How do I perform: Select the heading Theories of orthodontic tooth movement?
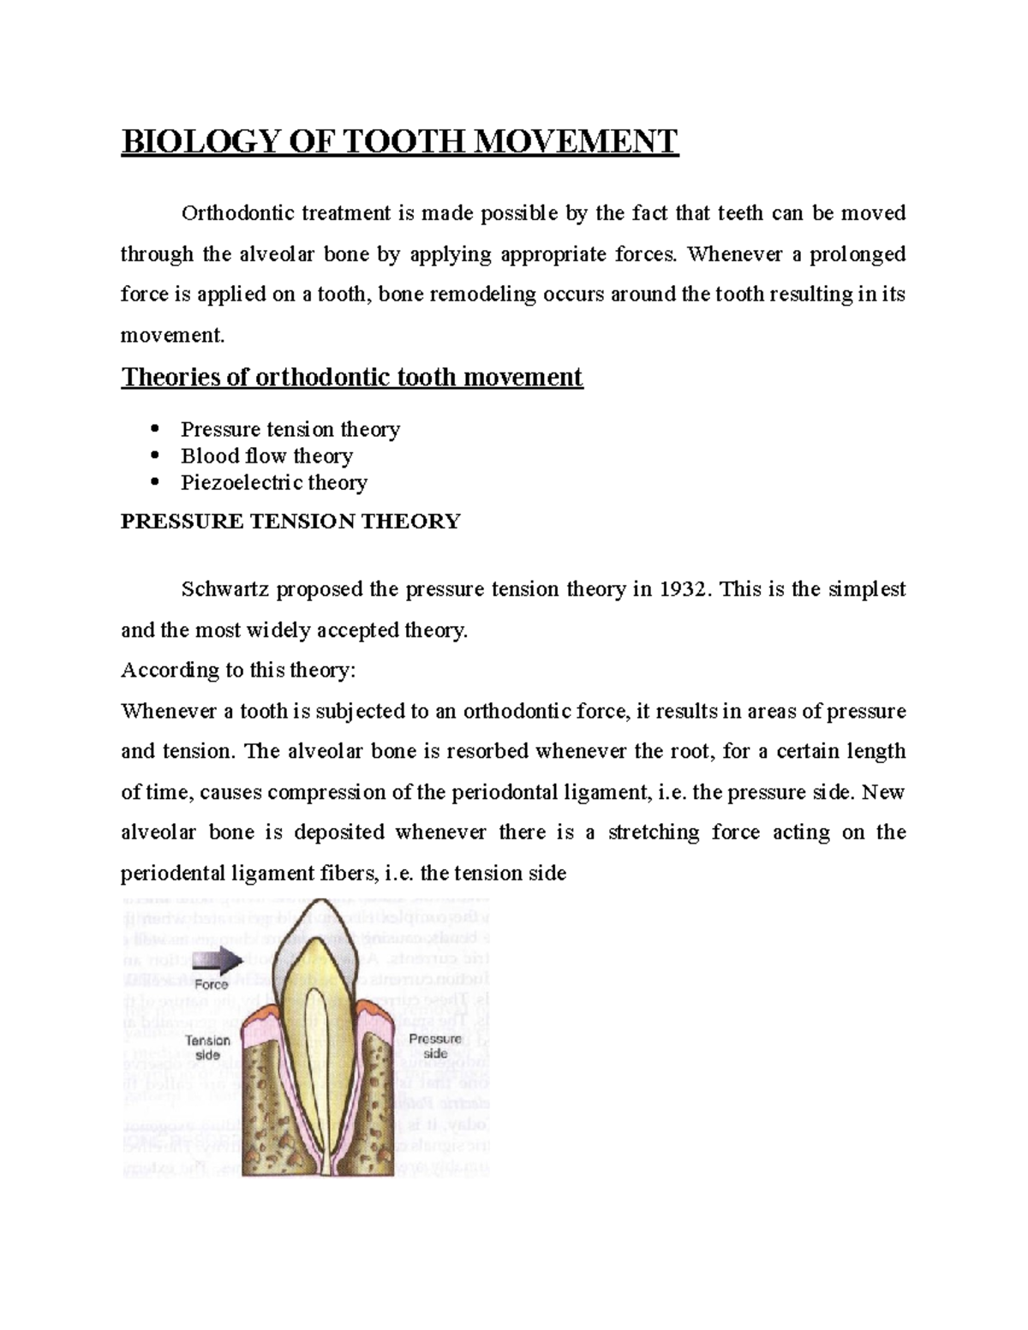[x=351, y=378]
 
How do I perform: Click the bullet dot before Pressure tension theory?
[x=155, y=428]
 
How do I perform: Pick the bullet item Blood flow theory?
[x=266, y=456]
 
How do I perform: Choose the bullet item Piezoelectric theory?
[x=273, y=483]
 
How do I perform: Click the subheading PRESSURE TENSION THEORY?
[x=290, y=522]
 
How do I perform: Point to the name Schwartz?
[x=223, y=590]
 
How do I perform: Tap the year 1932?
[x=684, y=590]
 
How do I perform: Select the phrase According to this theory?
[x=237, y=671]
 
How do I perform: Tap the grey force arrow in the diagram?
[x=218, y=961]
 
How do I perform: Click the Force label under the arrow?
[x=211, y=985]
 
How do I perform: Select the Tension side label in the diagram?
[x=208, y=1048]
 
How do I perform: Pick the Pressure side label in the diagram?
[x=435, y=1047]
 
